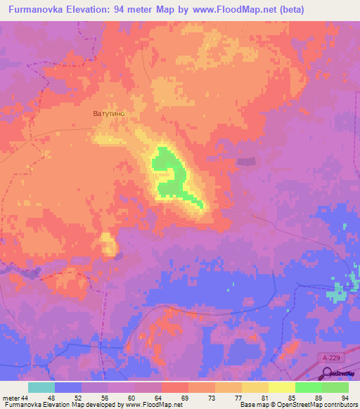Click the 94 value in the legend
click(344, 397)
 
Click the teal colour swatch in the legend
click(41, 387)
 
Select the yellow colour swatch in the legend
click(282, 387)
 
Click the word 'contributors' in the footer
click(340, 405)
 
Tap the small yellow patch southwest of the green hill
click(108, 244)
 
